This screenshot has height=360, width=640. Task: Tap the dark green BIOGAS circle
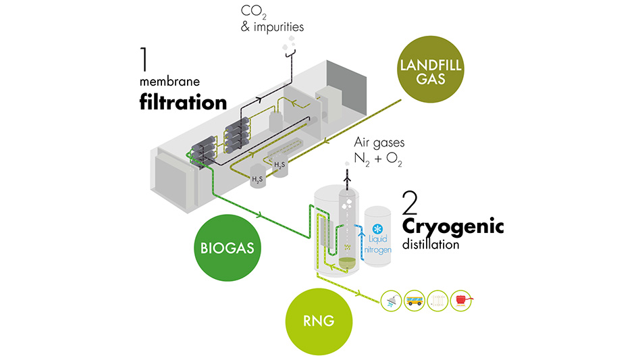[x=227, y=247]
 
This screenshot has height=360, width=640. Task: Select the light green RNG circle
[x=319, y=319]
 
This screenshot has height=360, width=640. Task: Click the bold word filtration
[x=183, y=103]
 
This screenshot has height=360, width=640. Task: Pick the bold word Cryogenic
[x=452, y=228]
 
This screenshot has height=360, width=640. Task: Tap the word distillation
[x=431, y=245]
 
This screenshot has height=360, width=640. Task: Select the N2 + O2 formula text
[x=385, y=160]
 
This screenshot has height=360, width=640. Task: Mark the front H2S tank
[x=257, y=180]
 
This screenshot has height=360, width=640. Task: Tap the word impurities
[x=277, y=28]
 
